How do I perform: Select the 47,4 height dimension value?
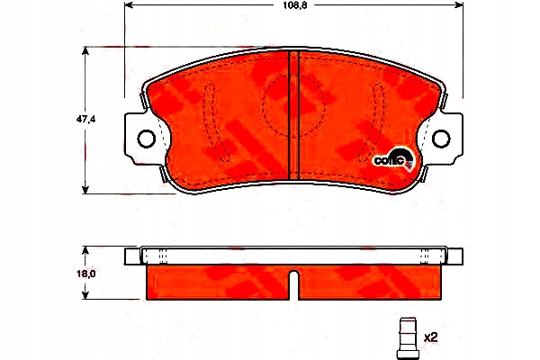click(x=85, y=119)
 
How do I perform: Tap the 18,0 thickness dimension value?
click(x=85, y=274)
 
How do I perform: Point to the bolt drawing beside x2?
click(x=407, y=338)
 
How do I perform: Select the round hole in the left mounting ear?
click(x=147, y=139)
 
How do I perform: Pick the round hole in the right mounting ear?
click(x=441, y=139)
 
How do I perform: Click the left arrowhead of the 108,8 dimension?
click(x=129, y=4)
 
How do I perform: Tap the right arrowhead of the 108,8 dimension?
click(x=459, y=4)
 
